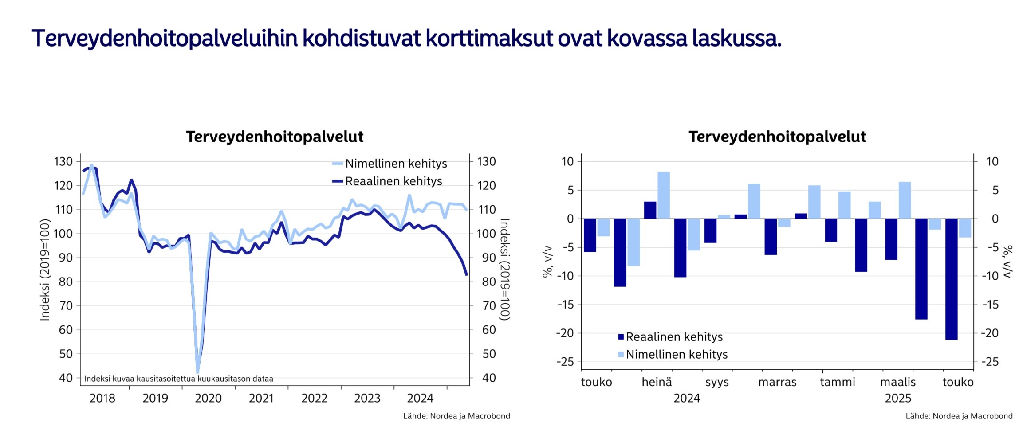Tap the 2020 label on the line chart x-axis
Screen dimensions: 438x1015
click(x=208, y=398)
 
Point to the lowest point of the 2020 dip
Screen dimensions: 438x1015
click(x=197, y=372)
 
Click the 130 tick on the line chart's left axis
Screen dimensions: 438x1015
click(x=63, y=161)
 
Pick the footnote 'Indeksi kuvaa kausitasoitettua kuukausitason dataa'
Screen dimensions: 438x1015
click(x=178, y=379)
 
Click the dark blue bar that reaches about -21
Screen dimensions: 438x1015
click(x=951, y=279)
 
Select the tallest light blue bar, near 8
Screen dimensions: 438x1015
click(x=663, y=195)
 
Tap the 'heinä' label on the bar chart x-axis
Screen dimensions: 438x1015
click(x=657, y=382)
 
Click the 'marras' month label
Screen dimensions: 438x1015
click(x=777, y=382)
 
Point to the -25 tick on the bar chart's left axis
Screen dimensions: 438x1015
click(x=565, y=362)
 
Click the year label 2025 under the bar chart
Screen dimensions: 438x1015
click(x=898, y=398)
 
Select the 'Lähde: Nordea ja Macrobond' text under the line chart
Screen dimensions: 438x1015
click(x=456, y=416)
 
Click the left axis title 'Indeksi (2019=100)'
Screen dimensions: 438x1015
click(x=44, y=270)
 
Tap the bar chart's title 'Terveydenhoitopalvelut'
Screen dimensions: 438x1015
click(x=777, y=137)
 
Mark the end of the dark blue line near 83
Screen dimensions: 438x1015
click(x=467, y=275)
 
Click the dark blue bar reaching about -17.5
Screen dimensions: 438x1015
click(x=921, y=269)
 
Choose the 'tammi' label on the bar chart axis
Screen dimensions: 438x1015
click(x=838, y=382)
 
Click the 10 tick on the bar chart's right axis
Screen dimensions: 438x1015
click(x=992, y=161)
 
